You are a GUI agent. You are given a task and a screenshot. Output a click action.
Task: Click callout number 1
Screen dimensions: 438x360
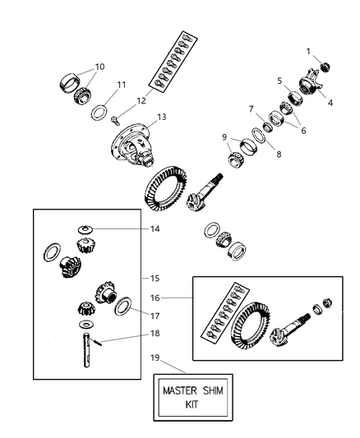click(x=309, y=51)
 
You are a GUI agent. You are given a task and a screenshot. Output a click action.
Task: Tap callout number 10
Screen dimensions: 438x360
click(x=100, y=66)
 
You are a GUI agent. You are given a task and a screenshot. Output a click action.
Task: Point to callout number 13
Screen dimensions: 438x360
click(x=161, y=117)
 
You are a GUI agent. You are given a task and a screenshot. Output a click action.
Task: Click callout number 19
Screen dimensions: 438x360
click(x=152, y=359)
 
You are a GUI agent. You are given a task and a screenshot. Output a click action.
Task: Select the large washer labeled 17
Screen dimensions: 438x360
click(x=123, y=307)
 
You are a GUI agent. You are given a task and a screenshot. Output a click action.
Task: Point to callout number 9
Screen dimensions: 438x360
click(x=224, y=136)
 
